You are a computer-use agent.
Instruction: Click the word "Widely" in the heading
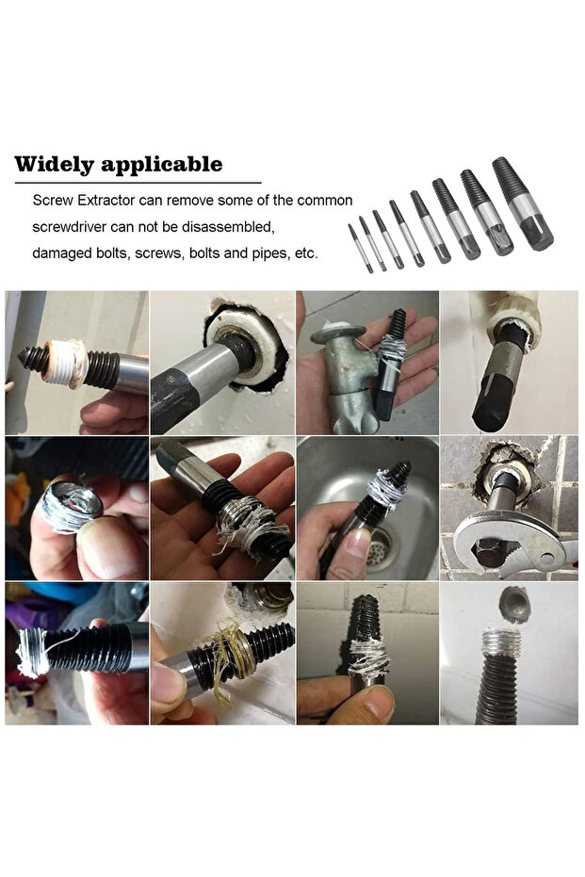(x=53, y=164)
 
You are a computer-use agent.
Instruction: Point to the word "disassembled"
(x=230, y=227)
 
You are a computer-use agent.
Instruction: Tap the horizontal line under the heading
(x=137, y=182)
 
